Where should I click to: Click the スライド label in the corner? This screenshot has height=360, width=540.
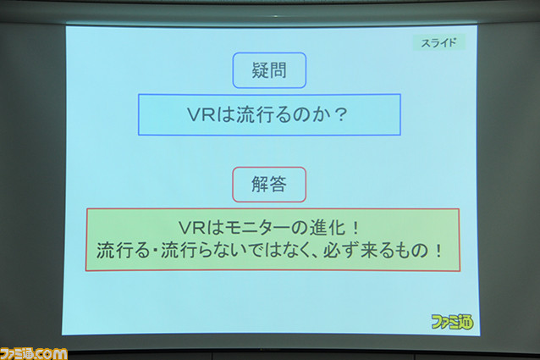point(439,42)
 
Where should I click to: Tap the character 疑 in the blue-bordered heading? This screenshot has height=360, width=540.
point(260,70)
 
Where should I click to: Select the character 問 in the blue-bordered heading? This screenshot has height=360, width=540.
point(278,70)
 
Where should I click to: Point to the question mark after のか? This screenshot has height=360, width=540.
point(341,114)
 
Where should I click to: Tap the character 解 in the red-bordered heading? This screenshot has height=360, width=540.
point(260,185)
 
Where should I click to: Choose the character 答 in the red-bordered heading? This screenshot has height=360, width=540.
point(278,185)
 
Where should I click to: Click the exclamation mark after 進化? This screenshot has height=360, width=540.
point(355,228)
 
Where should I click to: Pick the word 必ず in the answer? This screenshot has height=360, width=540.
point(341,251)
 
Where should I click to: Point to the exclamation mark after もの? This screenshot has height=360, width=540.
point(438,251)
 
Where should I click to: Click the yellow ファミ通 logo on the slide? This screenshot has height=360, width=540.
point(452,322)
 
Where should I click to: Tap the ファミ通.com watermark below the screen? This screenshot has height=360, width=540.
point(33,354)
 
